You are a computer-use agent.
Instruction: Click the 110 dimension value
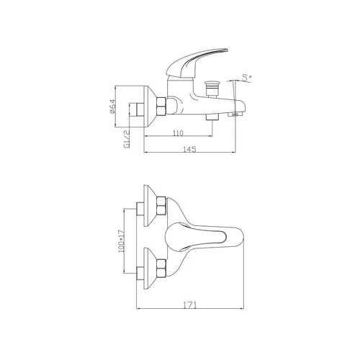click(178, 133)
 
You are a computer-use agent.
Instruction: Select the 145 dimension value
click(189, 149)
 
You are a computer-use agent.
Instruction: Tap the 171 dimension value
click(190, 305)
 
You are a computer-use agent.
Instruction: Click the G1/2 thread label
click(127, 139)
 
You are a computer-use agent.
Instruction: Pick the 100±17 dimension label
click(122, 241)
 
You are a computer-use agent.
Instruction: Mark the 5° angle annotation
click(247, 78)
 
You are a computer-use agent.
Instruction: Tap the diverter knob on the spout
click(211, 89)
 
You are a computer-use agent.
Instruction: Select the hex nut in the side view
click(161, 106)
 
